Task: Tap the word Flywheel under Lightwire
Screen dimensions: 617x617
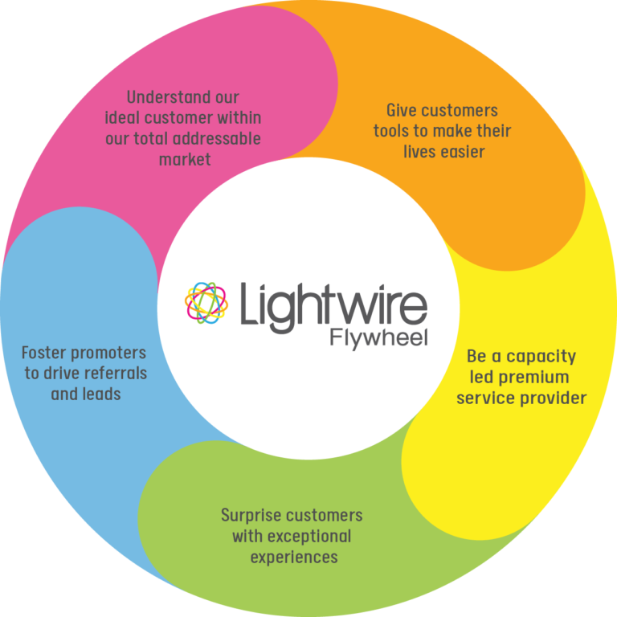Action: [378, 338]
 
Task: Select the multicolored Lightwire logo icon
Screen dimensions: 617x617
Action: [206, 304]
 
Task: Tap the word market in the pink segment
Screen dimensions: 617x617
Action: [185, 159]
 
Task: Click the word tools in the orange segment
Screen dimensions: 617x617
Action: [392, 131]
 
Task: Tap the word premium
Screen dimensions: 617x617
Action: [540, 377]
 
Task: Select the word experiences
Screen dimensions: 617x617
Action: [293, 557]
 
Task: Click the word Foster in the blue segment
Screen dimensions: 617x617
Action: [44, 353]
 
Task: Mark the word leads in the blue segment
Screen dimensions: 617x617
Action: [102, 394]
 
